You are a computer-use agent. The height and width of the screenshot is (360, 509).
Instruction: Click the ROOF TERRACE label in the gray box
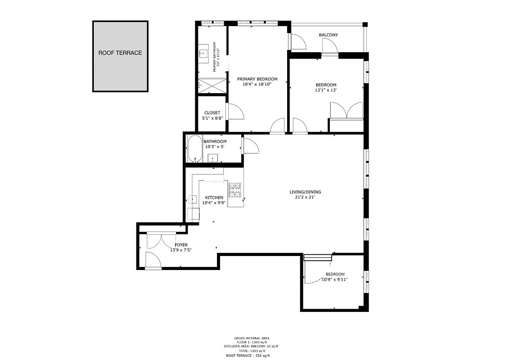point(120,53)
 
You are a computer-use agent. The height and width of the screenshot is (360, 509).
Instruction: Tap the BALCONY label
point(328,35)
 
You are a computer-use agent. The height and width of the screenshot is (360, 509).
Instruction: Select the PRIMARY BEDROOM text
point(257,79)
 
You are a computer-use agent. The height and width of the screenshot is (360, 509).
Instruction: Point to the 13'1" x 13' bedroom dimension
point(326,90)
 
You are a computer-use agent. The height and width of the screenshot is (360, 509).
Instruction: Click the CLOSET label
point(212,113)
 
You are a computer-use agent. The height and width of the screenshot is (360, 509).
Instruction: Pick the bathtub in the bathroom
point(195,148)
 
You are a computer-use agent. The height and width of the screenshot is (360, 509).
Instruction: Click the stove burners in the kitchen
point(235,190)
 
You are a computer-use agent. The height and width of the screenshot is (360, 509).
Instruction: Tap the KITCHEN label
point(214,198)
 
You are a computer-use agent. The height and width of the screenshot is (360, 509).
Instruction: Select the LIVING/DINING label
point(305,192)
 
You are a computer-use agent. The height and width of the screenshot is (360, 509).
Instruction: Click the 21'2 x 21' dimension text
point(305,197)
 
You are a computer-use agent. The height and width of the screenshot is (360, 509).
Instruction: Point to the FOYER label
point(181,245)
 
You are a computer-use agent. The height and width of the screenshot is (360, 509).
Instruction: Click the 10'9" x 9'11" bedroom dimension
point(335,279)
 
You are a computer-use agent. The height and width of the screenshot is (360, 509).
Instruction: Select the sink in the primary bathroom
point(203,54)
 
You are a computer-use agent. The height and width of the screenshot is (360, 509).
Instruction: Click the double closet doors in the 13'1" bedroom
point(346,110)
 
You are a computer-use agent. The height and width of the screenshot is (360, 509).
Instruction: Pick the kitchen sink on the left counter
point(192,199)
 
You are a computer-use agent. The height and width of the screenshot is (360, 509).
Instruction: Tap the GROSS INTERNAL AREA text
point(251,338)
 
